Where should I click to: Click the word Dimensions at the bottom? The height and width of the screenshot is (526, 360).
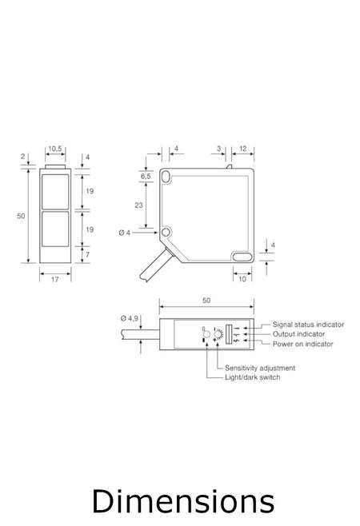[x=182, y=502]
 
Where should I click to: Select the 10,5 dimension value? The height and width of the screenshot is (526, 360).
[x=54, y=149]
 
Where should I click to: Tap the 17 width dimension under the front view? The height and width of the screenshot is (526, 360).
[x=54, y=279]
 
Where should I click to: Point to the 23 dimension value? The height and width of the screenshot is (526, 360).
[x=138, y=205]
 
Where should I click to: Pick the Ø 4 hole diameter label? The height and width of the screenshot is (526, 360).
[x=125, y=232]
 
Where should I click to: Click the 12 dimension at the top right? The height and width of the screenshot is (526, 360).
[x=242, y=149]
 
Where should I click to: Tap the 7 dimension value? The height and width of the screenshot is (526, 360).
[x=88, y=254]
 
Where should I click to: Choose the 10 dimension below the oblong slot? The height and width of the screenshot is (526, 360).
[x=242, y=279]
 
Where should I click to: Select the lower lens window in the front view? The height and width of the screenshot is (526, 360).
[x=54, y=230]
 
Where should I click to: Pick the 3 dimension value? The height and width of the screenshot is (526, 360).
[x=219, y=149]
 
